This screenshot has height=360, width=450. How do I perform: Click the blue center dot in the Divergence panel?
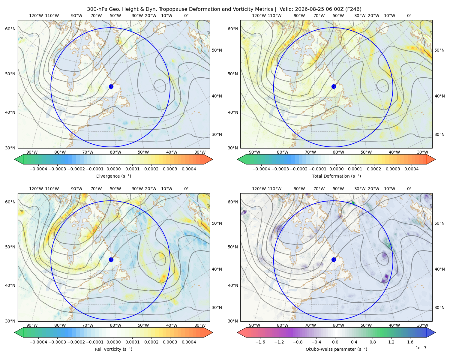pyautogui.click(x=111, y=86)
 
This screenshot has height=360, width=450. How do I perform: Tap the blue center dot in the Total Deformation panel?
pyautogui.click(x=334, y=86)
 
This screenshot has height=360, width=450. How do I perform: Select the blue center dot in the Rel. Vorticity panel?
pyautogui.click(x=111, y=259)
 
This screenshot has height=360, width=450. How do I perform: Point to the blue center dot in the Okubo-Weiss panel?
pyautogui.click(x=334, y=259)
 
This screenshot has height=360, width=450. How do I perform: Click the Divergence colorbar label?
pyautogui.click(x=113, y=176)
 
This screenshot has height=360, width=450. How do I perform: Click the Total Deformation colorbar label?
pyautogui.click(x=336, y=176)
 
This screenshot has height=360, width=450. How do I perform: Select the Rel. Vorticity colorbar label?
pyautogui.click(x=113, y=349)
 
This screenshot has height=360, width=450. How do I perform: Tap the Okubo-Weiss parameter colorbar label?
pyautogui.click(x=336, y=349)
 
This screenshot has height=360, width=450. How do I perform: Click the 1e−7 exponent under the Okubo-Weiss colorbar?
pyautogui.click(x=421, y=348)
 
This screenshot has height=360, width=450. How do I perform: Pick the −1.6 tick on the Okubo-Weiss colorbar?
pyautogui.click(x=260, y=342)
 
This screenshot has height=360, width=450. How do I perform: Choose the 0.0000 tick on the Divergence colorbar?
pyautogui.click(x=113, y=169)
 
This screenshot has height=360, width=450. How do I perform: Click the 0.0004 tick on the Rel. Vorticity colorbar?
pyautogui.click(x=189, y=342)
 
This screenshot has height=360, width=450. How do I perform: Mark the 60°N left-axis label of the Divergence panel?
pyautogui.click(x=10, y=29)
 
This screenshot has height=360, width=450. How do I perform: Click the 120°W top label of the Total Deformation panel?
pyautogui.click(x=259, y=16)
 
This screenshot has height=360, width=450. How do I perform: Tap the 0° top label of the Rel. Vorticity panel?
pyautogui.click(x=186, y=188)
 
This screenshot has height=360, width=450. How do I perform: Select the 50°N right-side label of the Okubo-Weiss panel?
pyautogui.click(x=439, y=223)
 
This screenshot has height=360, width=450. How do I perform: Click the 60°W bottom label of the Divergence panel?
pyautogui.click(x=115, y=152)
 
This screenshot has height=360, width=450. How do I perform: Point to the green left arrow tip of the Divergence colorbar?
pyautogui.click(x=15, y=159)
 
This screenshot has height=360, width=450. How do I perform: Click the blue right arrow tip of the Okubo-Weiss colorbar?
pyautogui.click(x=435, y=332)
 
